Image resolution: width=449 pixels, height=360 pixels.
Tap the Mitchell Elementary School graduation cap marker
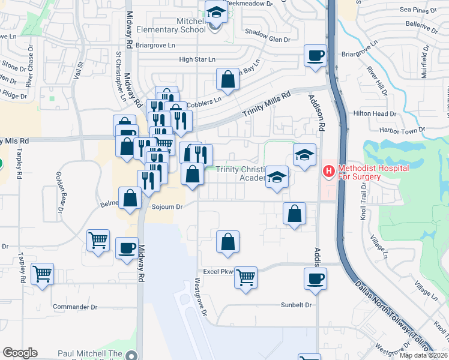(x=215, y=12)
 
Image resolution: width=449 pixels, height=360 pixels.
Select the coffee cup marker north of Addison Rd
(x=315, y=56)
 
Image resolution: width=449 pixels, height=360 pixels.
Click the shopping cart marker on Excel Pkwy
(x=246, y=278)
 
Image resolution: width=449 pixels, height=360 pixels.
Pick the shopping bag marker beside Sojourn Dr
(x=130, y=199)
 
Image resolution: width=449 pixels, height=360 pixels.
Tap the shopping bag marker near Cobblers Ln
(x=228, y=79)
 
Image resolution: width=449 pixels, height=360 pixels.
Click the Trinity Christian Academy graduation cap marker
(x=277, y=177)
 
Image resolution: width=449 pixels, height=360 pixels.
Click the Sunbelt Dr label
(x=297, y=305)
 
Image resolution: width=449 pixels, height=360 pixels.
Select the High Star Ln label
(x=197, y=59)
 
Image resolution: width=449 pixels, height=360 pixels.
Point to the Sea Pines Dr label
(x=414, y=10)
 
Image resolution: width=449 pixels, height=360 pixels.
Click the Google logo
(x=20, y=353)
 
